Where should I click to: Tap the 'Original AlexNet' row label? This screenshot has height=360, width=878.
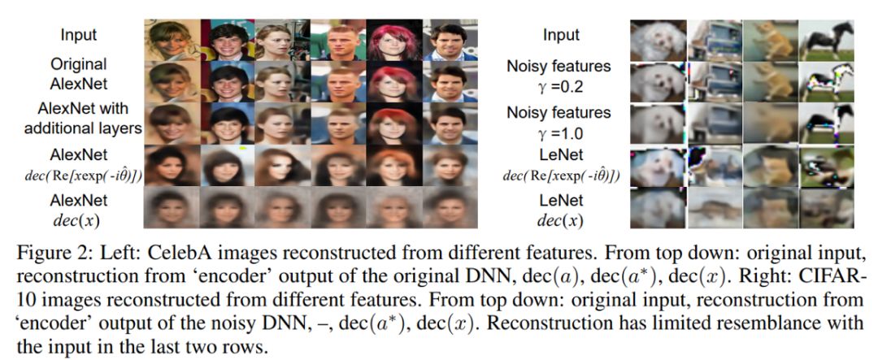point(79,73)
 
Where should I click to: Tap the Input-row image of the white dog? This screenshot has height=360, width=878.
point(658,39)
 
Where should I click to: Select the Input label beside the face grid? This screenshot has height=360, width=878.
point(79,35)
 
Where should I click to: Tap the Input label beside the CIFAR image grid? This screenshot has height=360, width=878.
point(561,35)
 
